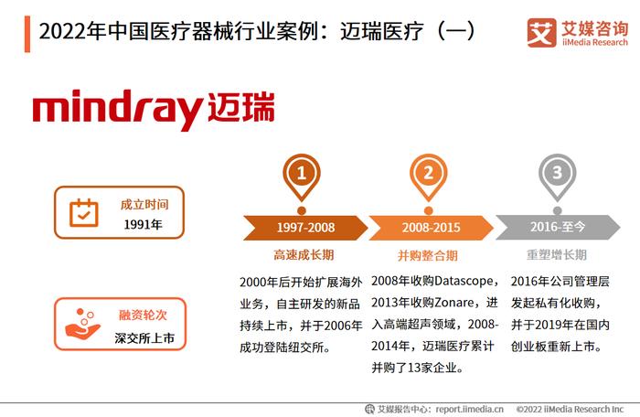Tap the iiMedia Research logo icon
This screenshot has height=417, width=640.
(x=541, y=33)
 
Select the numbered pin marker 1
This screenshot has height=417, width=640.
(x=302, y=176)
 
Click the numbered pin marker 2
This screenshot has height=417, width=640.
(x=428, y=176)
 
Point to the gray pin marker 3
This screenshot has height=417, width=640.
(x=557, y=176)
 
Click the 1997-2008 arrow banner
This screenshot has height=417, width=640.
(x=305, y=228)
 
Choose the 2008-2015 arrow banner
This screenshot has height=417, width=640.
(x=431, y=228)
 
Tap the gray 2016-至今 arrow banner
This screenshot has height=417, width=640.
(x=558, y=227)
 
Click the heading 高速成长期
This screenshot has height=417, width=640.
(x=304, y=255)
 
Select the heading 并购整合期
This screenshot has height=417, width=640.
(x=427, y=256)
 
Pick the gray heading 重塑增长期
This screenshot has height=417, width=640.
(x=556, y=255)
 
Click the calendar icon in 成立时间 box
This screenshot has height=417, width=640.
(x=84, y=213)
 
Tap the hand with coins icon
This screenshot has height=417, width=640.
(x=83, y=324)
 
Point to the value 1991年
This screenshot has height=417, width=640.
(x=143, y=224)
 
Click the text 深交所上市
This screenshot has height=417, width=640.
(x=144, y=337)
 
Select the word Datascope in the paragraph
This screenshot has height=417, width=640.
(x=464, y=281)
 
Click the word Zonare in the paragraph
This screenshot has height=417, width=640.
(x=453, y=303)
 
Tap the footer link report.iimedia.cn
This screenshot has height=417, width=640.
(x=469, y=409)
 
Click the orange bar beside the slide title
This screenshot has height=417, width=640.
(x=27, y=35)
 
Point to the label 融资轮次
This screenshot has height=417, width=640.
(x=143, y=315)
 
